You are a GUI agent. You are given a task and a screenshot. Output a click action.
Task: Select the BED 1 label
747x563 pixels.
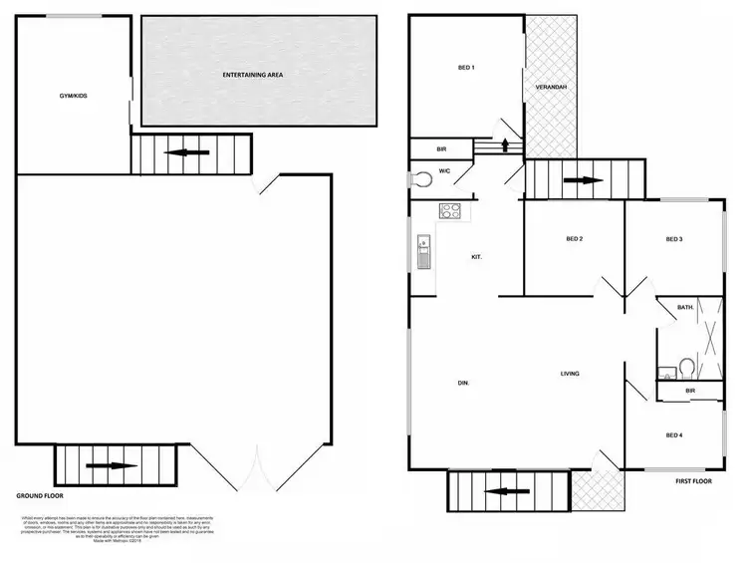(465, 68)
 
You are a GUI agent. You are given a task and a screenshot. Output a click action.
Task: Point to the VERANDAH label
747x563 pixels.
(551, 88)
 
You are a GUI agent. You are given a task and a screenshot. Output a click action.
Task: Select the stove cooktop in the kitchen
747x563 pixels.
(450, 210)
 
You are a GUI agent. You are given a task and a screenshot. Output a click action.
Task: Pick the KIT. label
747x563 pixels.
(477, 257)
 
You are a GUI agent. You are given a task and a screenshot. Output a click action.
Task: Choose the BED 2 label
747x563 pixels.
(574, 239)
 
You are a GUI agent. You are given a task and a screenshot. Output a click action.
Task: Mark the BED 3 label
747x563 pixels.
(673, 239)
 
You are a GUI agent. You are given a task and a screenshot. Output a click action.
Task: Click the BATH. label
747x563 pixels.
(685, 308)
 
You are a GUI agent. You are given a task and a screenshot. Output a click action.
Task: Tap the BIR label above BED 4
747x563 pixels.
(688, 391)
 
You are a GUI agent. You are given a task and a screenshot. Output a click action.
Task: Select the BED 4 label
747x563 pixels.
(673, 434)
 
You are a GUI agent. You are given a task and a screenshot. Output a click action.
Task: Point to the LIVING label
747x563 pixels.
(570, 374)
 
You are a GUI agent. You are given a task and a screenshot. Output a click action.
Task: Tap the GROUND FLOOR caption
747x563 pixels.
(41, 495)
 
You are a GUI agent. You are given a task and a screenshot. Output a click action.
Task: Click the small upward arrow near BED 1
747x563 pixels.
(506, 144)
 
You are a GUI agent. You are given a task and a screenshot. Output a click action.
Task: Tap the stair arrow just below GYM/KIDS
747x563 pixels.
(194, 152)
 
